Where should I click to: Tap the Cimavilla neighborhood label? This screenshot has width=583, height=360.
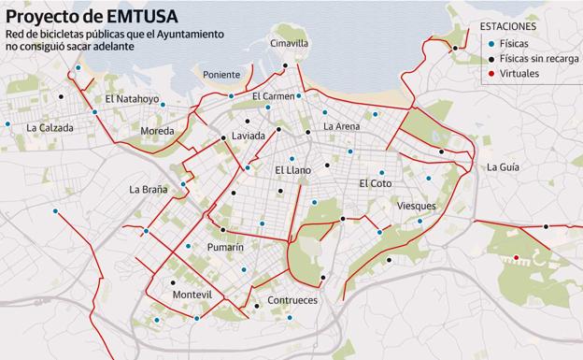289,43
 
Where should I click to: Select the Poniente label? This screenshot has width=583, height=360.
221,75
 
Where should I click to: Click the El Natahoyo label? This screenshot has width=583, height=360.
132,98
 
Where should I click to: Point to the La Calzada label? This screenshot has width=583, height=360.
50,127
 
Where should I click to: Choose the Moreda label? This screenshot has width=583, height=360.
156,131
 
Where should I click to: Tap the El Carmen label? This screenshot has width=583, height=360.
273,96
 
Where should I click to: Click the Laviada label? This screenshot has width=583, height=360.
249,136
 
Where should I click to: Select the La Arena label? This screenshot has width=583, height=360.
341,126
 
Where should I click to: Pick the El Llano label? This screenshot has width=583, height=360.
292,170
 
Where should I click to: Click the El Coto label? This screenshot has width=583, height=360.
376,183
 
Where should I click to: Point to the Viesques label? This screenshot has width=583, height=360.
416,206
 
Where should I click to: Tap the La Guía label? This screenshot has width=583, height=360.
503,167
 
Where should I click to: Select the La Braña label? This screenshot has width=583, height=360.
149,190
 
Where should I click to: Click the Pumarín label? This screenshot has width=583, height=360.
225,247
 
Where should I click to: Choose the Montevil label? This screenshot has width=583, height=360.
192,295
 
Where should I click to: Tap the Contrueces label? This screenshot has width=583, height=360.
292,300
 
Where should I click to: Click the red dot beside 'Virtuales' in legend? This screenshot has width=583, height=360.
491,73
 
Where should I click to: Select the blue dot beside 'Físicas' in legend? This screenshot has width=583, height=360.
491,43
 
